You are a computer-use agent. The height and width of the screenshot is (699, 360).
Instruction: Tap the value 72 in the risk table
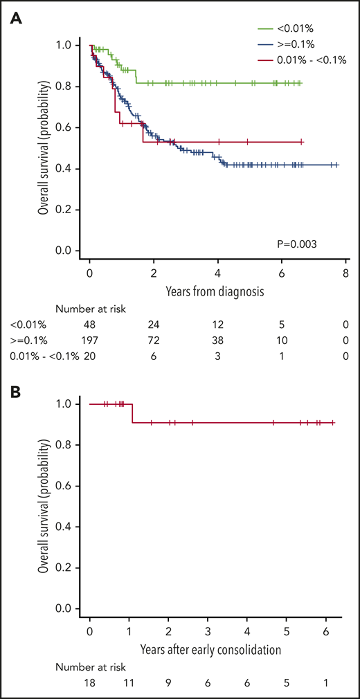coord(154,341)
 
